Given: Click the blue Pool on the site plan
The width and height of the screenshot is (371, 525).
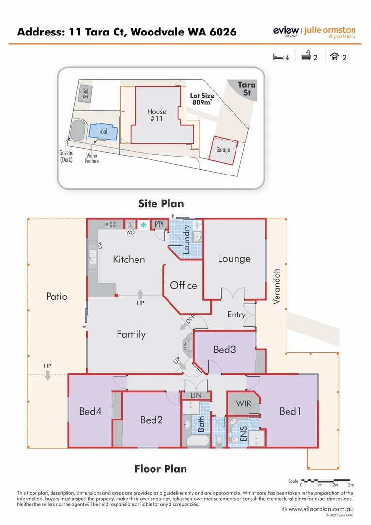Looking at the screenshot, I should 103,132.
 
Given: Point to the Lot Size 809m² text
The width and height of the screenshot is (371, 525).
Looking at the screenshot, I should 202,99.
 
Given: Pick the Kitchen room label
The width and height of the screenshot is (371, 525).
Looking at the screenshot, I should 129,260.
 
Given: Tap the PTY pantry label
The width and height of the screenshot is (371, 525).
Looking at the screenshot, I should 159,224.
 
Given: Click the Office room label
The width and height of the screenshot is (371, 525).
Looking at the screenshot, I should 184,285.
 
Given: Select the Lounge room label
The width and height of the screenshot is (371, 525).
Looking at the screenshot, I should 234,258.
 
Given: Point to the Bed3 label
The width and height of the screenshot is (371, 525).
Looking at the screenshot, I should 224,349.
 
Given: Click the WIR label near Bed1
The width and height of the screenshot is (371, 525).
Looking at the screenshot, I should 244,403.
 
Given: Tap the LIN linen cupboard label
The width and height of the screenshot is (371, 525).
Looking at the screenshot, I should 196,396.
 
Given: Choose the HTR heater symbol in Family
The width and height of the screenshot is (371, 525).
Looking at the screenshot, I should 185,346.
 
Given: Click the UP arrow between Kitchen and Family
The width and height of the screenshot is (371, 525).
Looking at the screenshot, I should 140,294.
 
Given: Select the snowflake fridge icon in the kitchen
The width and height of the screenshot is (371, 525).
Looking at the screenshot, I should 143,225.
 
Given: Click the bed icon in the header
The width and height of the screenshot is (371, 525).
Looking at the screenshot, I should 278,57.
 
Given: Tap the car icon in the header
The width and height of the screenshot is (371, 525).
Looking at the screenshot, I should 334,57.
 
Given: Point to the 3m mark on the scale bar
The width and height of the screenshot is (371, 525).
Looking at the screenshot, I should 351,485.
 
